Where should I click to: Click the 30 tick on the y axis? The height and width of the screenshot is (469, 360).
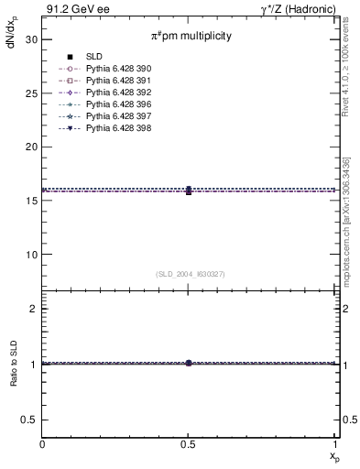(x=29, y=39)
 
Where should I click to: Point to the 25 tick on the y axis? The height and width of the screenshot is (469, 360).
(x=29, y=93)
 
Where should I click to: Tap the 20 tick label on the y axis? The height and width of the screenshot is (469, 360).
(x=29, y=147)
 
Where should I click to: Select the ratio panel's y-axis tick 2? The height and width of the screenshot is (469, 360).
(x=33, y=310)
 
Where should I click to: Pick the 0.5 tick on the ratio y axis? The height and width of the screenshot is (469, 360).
(x=29, y=419)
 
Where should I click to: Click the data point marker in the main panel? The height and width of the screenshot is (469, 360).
(x=189, y=191)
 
